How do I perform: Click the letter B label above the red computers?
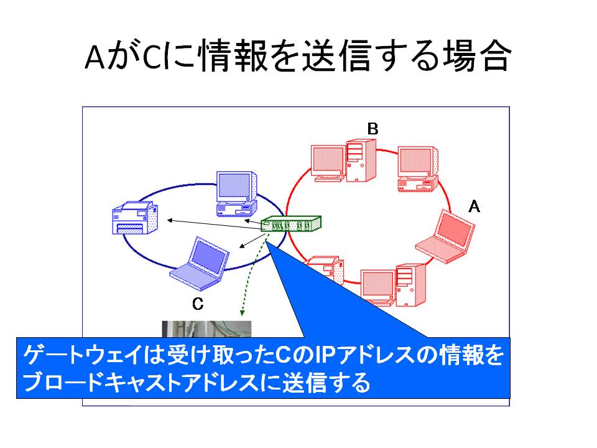(x=373, y=129)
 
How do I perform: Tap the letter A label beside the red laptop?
(x=474, y=207)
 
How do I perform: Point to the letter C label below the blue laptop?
(x=198, y=304)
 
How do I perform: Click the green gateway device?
(x=291, y=223)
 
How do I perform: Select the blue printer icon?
(x=135, y=218)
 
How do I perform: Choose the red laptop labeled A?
(x=445, y=236)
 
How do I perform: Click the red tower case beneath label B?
(x=361, y=161)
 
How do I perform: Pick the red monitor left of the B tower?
(x=328, y=163)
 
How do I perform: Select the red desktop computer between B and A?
(x=418, y=169)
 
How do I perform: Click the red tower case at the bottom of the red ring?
(x=410, y=285)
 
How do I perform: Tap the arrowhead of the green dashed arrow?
(x=242, y=313)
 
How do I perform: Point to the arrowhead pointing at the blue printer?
(x=170, y=220)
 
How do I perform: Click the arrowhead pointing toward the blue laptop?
(x=241, y=246)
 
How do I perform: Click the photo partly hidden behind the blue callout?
(x=206, y=329)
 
